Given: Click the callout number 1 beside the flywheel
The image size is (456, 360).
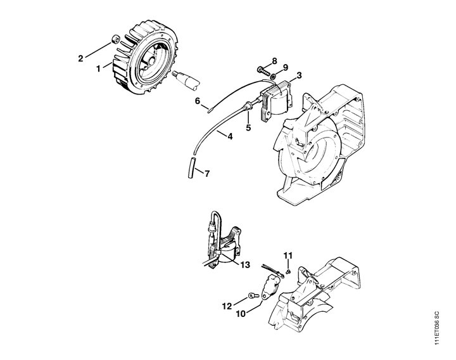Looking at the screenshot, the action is [x=98, y=68].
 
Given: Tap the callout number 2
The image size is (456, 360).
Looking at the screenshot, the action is [x=80, y=58].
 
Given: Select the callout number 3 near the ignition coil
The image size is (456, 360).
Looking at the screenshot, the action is [x=299, y=75].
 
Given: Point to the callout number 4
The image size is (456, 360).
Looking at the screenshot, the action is [x=230, y=136].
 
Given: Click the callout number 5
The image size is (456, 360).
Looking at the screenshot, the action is [x=248, y=127].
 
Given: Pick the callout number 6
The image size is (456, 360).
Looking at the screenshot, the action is [x=198, y=101].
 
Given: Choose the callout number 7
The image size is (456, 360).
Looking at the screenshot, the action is [x=206, y=174].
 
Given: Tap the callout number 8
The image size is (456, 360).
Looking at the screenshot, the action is [x=274, y=61].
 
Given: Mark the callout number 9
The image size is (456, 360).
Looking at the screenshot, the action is [x=285, y=68].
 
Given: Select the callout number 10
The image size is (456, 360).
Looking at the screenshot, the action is [x=241, y=314].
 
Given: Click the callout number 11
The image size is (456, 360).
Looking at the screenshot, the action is [x=288, y=255].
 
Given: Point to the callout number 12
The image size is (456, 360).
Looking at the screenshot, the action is [x=227, y=306].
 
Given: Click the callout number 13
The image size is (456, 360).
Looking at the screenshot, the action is [x=245, y=265].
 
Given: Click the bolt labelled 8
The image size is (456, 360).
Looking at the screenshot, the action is [x=263, y=70].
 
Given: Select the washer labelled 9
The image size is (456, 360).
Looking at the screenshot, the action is [x=274, y=77].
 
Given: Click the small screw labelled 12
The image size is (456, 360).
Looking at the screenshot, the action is [x=253, y=296].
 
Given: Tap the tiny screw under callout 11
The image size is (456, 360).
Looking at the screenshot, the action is [x=288, y=271].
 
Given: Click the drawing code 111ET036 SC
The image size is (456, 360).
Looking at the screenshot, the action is [x=437, y=328].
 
